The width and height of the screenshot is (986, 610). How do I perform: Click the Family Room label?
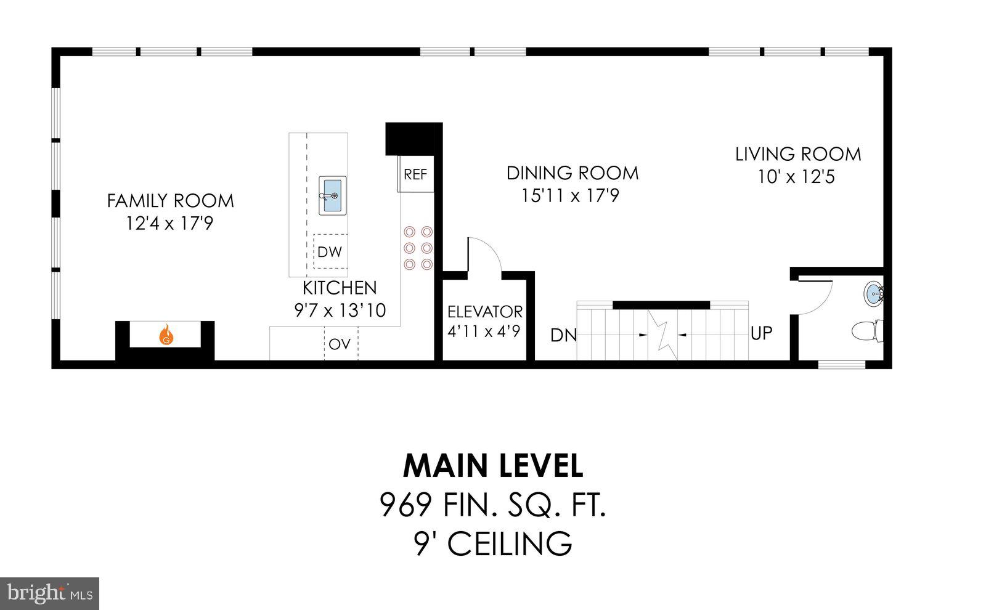click(x=170, y=201)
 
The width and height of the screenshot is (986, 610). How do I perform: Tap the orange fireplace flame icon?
click(x=166, y=336)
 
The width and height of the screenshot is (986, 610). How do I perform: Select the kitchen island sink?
click(x=332, y=195)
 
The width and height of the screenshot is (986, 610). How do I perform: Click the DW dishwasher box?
click(x=330, y=251)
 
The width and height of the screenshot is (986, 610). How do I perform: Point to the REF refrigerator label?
click(x=415, y=174)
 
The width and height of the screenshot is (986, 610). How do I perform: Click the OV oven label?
click(x=340, y=344)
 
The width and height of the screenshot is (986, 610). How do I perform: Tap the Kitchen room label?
click(x=340, y=288)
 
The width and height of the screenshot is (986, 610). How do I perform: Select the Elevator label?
click(x=484, y=311)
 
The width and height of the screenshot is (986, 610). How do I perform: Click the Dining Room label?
click(x=572, y=173)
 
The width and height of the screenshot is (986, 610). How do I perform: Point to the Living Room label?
click(x=798, y=154)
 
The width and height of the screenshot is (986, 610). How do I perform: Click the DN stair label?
click(x=563, y=335)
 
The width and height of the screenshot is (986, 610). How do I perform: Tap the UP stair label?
click(x=762, y=333)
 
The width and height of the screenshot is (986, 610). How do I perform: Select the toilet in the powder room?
click(x=867, y=331)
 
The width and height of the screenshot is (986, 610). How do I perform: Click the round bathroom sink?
click(x=873, y=293)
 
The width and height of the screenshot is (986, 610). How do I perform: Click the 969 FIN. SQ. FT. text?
click(x=493, y=506)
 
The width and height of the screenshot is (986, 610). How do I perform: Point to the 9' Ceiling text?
click(x=493, y=544)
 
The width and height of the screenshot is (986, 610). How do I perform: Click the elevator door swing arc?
click(x=487, y=253)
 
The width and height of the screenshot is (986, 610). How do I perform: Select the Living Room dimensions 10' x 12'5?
click(x=796, y=177)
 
